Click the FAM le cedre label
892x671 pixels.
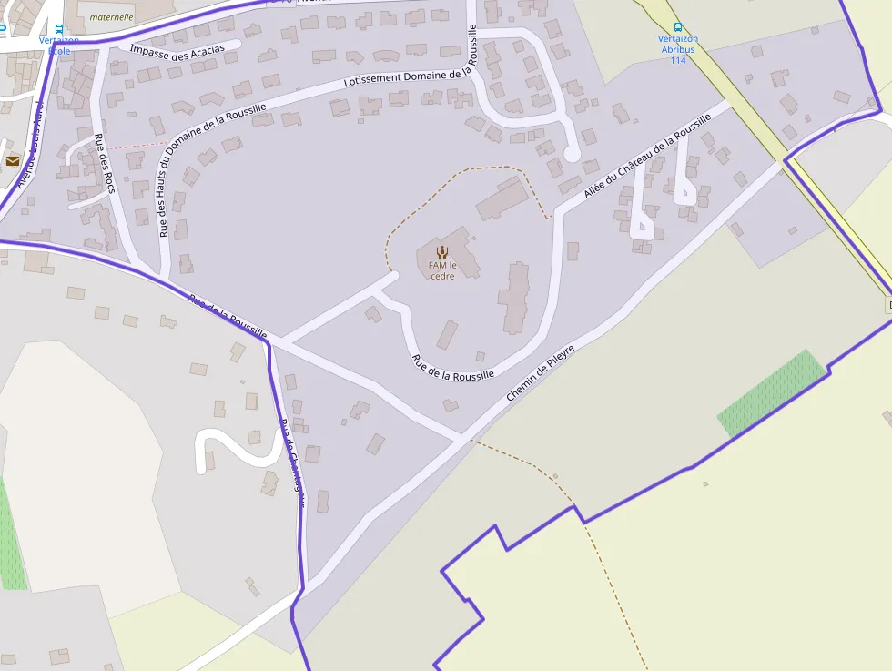[441, 270]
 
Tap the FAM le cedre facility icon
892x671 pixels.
[441, 252]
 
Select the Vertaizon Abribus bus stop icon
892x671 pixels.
[677, 27]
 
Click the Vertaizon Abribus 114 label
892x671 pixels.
[677, 49]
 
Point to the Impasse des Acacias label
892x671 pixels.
[177, 49]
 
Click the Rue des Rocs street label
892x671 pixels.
[105, 163]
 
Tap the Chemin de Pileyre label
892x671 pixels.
[541, 372]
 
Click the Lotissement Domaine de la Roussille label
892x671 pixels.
[411, 78]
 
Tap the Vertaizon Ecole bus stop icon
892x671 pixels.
[59, 29]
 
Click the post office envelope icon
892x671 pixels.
[13, 160]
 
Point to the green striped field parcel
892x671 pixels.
[772, 391]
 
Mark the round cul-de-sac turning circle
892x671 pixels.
[572, 155]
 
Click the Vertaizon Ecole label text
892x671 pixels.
[59, 46]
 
